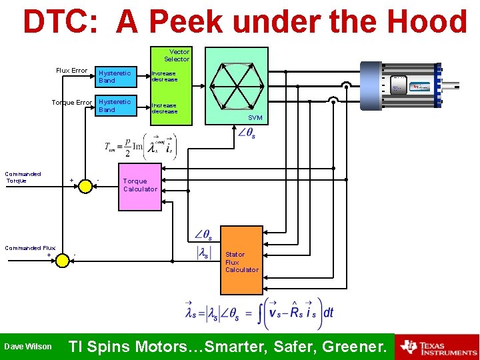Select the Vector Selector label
point(177,55)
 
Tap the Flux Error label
point(72,71)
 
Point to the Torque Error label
point(72,103)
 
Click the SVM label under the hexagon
point(255,117)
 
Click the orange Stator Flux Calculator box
point(242,261)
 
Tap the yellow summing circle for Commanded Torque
point(85,186)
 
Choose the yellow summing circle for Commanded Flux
point(63,260)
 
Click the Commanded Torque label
point(23,177)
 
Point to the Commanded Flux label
point(30,248)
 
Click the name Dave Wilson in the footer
point(28,347)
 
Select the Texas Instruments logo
point(437,347)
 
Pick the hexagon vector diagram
point(236,85)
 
